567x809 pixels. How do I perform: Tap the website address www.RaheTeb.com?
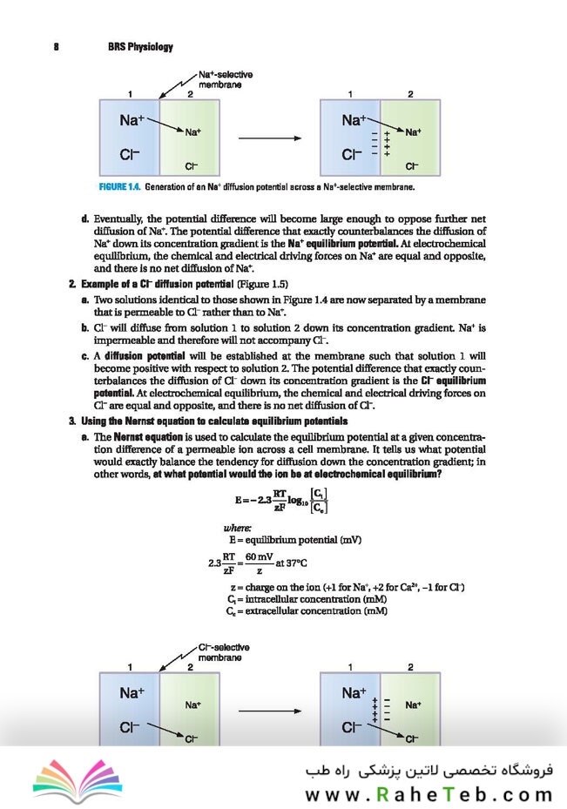(x=429, y=794)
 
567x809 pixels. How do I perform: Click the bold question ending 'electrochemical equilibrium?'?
(x=297, y=475)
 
